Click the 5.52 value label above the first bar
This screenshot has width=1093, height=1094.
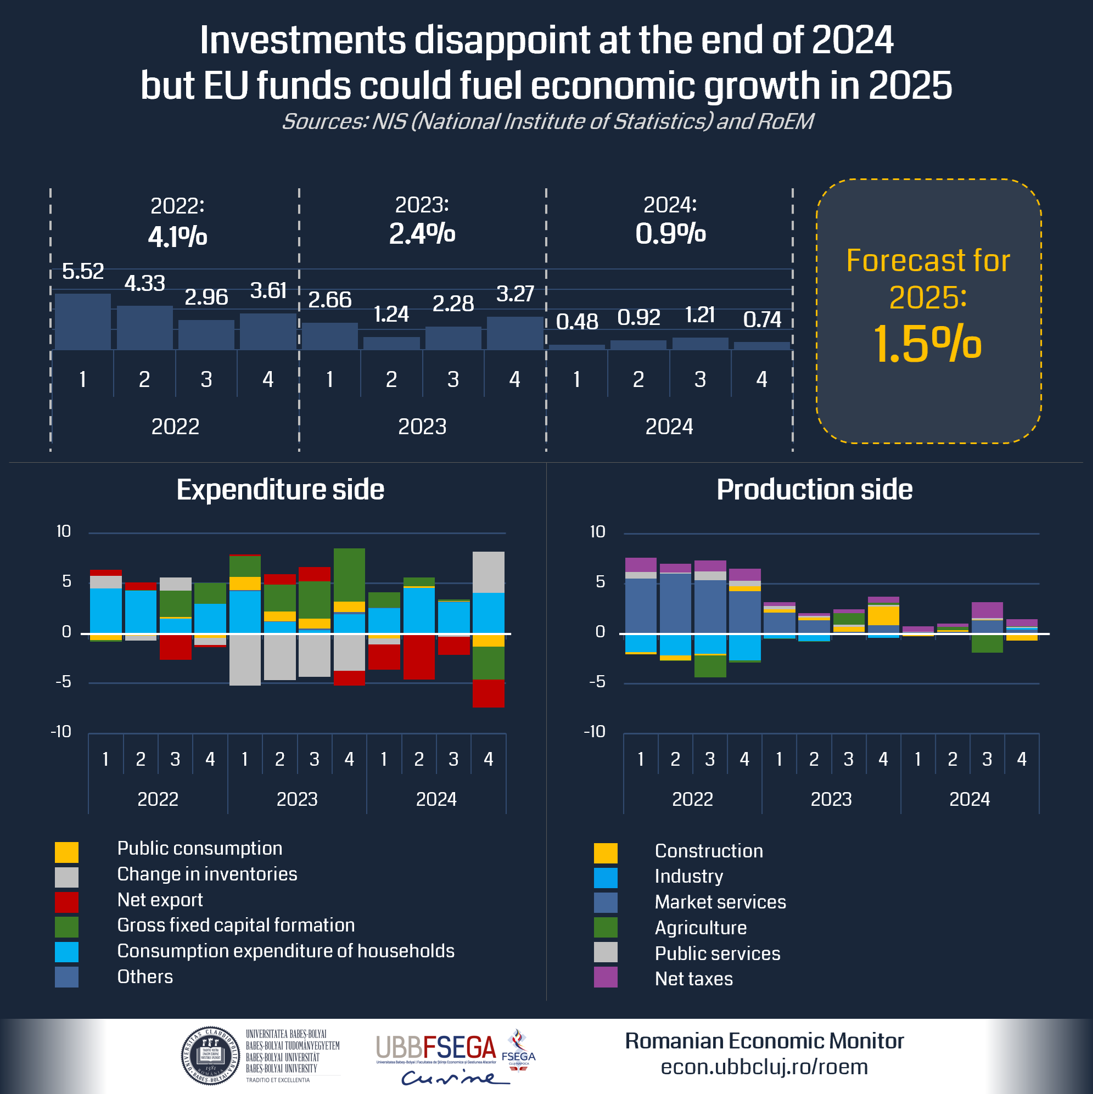[x=83, y=271]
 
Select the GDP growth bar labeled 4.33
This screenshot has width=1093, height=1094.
[x=144, y=327]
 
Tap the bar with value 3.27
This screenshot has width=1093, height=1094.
[x=514, y=333]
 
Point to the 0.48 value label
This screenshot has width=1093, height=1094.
[x=576, y=322]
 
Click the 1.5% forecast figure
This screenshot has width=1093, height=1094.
[x=927, y=344]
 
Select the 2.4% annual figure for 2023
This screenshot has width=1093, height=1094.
[x=422, y=233]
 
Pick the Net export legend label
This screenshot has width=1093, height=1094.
[x=160, y=900]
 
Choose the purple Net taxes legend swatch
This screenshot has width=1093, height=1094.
[x=605, y=977]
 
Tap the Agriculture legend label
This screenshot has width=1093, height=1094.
[x=700, y=928]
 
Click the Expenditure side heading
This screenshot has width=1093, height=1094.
[x=280, y=489]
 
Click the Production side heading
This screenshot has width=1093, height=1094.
[x=814, y=489]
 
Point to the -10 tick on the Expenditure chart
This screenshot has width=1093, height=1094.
[x=60, y=732]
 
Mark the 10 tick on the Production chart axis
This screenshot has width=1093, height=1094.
[x=597, y=531]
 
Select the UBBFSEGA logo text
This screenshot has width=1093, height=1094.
[x=435, y=1048]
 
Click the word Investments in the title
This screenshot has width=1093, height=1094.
[x=302, y=41]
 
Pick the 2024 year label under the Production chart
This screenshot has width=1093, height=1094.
[x=969, y=799]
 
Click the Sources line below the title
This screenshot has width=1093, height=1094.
[x=547, y=121]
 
